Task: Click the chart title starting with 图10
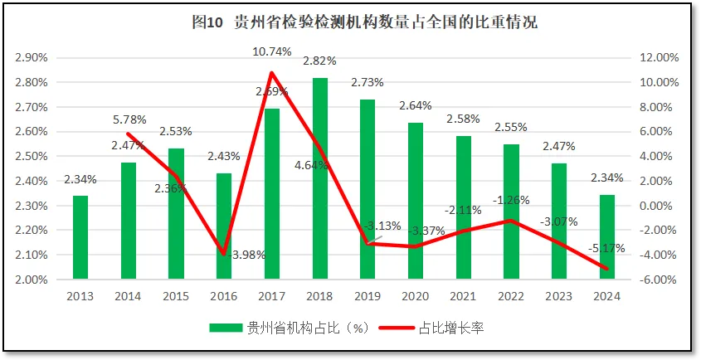pyautogui.click(x=364, y=22)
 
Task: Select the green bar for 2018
pyautogui.click(x=319, y=178)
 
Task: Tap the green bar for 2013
pyautogui.click(x=80, y=237)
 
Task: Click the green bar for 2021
pyautogui.click(x=463, y=207)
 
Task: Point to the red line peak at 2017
pyautogui.click(x=271, y=72)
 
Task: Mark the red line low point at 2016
pyautogui.click(x=224, y=254)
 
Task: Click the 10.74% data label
pyautogui.click(x=272, y=51)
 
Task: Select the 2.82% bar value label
pyautogui.click(x=319, y=61)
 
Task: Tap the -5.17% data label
pyautogui.click(x=607, y=248)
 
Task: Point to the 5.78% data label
pyautogui.click(x=129, y=119)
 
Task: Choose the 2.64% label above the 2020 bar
pyautogui.click(x=415, y=105)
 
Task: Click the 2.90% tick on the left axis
pyautogui.click(x=32, y=58)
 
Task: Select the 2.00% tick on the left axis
pyautogui.click(x=32, y=280)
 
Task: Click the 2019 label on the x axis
pyautogui.click(x=368, y=296)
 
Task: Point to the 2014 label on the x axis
pyautogui.click(x=129, y=296)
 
